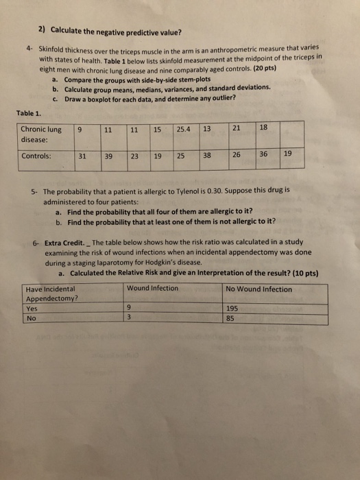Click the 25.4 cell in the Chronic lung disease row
coord(184,130)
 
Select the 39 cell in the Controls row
coord(108,156)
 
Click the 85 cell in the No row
coord(231,318)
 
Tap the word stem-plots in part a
coord(179,80)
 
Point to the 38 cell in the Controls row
coord(207,156)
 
